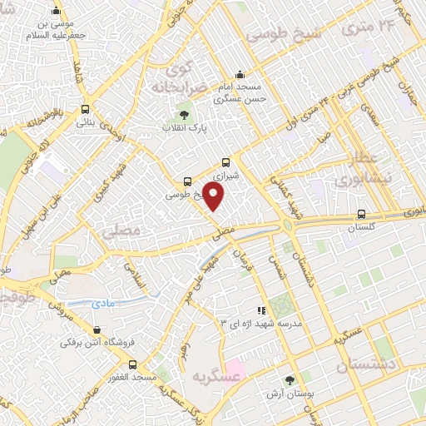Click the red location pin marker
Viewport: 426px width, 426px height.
pos(214,196)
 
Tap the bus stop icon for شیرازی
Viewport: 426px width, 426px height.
pos(226,163)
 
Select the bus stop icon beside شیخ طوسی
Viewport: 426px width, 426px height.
pos(187,181)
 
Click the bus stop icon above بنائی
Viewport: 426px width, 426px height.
pos(85,109)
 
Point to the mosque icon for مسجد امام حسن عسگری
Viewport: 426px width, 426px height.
pos(240,74)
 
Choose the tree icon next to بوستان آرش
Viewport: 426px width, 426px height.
pos(290,380)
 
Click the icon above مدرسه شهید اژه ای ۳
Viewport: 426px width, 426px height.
pos(261,310)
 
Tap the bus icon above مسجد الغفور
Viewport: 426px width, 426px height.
pos(132,364)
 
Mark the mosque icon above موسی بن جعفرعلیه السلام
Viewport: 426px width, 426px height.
pos(56,11)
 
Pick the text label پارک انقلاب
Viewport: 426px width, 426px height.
pos(208,130)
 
